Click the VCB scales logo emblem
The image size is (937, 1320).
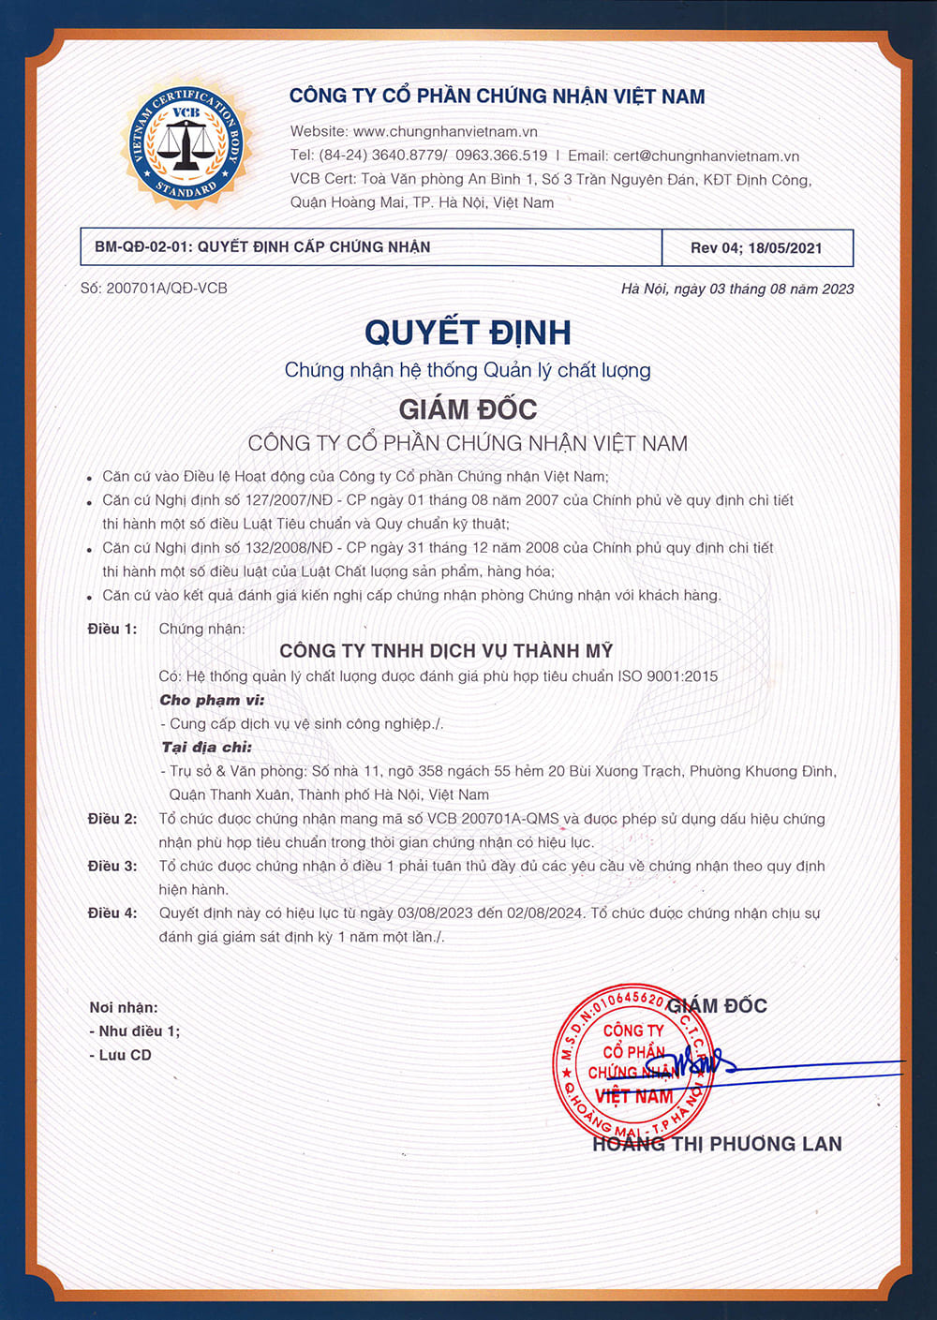click(x=186, y=143)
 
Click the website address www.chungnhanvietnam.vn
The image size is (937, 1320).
click(x=445, y=132)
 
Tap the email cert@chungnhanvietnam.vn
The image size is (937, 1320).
click(x=706, y=156)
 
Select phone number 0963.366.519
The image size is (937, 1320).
click(x=501, y=156)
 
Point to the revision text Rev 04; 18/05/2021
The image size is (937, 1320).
click(x=756, y=248)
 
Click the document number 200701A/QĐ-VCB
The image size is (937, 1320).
click(x=167, y=289)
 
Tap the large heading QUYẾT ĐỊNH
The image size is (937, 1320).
click(x=468, y=333)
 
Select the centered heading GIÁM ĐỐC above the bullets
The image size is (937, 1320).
click(x=468, y=409)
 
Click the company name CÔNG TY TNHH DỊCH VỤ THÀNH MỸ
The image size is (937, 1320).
click(x=446, y=651)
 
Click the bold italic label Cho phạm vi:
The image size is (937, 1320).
click(x=212, y=700)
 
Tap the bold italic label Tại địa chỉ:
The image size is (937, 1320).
click(x=207, y=748)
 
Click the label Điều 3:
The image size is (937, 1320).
click(x=112, y=867)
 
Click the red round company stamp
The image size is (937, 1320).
click(x=632, y=1062)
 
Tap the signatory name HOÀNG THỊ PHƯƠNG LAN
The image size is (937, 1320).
click(x=717, y=1144)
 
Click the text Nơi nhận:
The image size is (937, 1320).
click(x=124, y=1008)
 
